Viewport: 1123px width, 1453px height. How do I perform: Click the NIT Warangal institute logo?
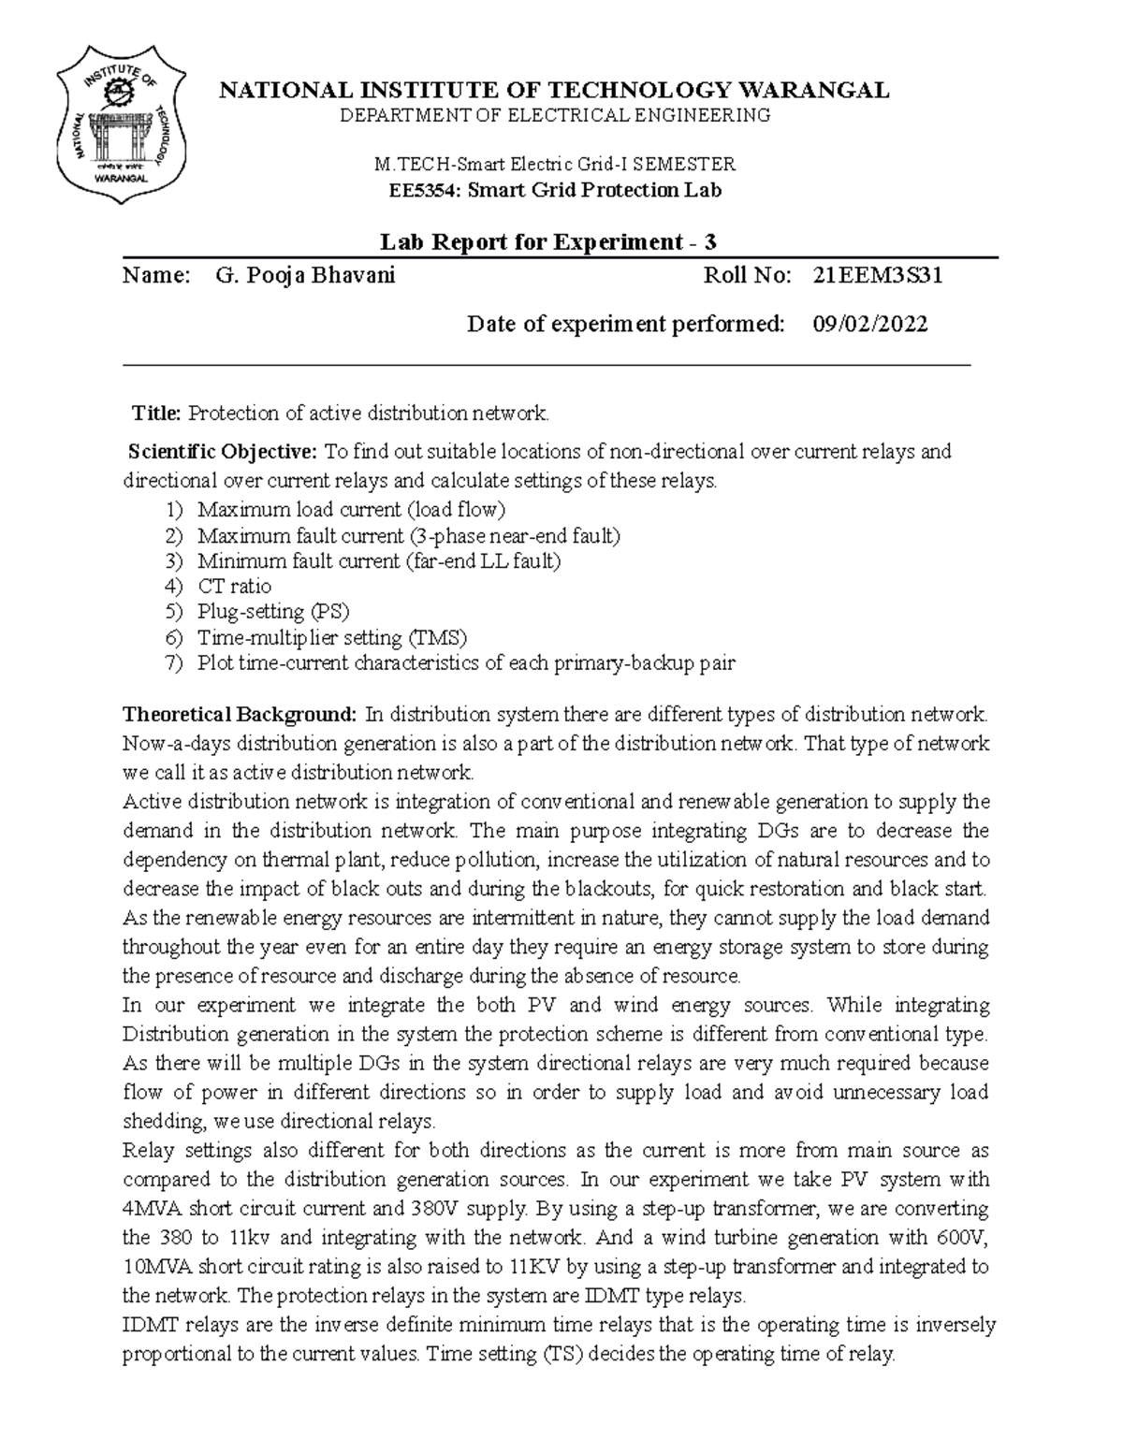click(x=120, y=126)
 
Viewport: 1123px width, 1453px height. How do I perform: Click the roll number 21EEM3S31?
click(x=877, y=275)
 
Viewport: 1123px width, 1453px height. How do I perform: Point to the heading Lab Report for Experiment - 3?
click(x=548, y=242)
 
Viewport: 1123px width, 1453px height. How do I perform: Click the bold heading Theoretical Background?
click(x=240, y=715)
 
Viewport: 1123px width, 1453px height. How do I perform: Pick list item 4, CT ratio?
click(x=234, y=587)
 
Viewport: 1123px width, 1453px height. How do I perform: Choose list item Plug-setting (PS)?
click(x=273, y=612)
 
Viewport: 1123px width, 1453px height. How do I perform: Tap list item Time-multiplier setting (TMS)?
click(x=331, y=638)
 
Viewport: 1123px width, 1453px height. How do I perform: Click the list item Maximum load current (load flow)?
click(x=351, y=510)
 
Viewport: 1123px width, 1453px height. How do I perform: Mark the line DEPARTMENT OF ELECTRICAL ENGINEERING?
click(x=554, y=116)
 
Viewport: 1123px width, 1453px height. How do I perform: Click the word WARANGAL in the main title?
click(x=814, y=90)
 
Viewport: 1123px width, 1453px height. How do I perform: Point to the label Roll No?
click(x=747, y=275)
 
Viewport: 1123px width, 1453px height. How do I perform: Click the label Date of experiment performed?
click(x=625, y=324)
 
